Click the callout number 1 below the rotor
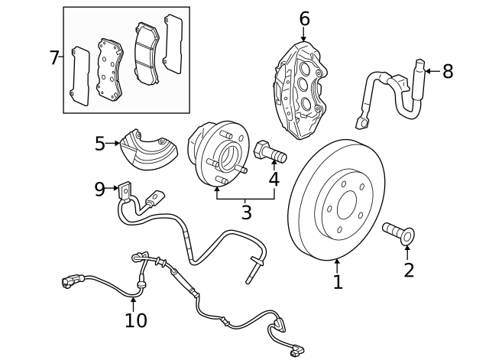click(338, 282)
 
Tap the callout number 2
click(409, 270)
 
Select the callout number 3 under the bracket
click(246, 212)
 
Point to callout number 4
click(274, 180)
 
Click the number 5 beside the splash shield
click(100, 144)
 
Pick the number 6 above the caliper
click(305, 18)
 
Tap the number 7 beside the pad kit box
click(54, 57)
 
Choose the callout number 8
click(448, 71)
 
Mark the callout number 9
click(100, 190)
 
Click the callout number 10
click(136, 320)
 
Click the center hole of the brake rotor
click(347, 205)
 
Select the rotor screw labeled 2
click(399, 232)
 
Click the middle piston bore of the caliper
click(303, 84)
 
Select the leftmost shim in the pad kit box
click(79, 76)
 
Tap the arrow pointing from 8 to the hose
click(433, 71)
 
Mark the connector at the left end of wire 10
click(71, 280)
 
